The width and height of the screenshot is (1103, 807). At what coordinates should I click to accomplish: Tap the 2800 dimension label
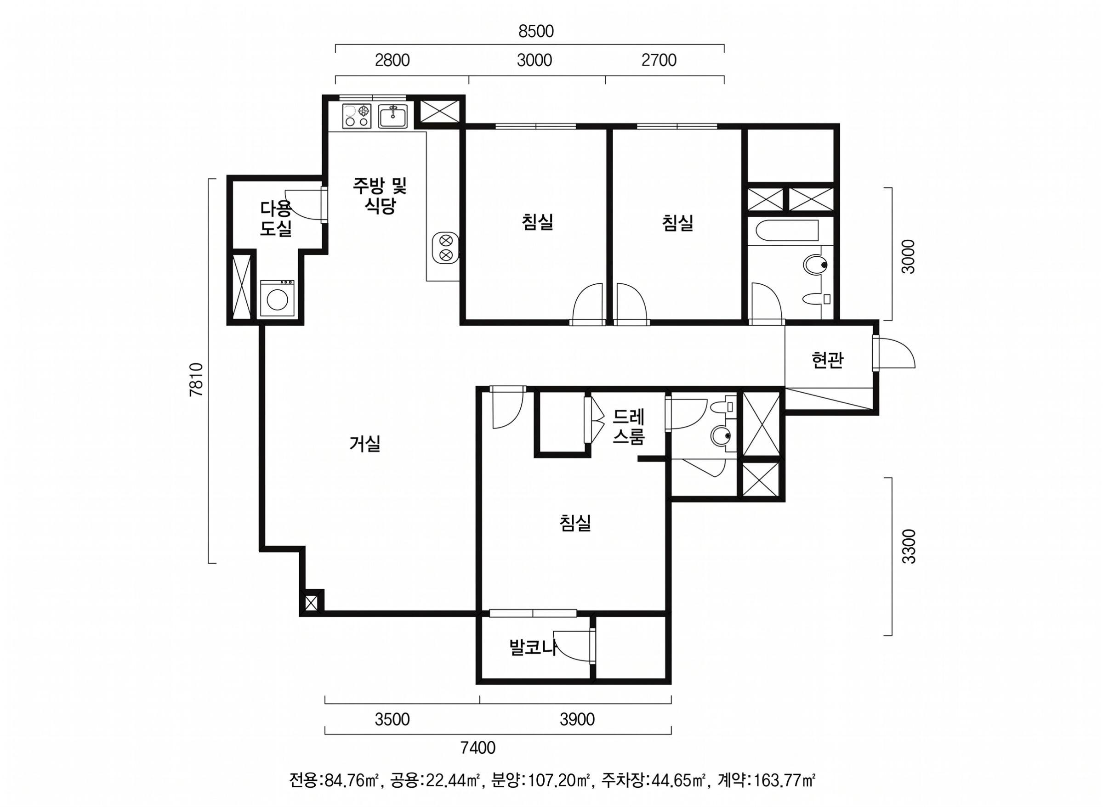point(392,60)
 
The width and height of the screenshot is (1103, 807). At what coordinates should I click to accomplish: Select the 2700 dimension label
point(659,60)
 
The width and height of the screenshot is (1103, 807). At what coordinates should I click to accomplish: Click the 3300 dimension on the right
point(909,546)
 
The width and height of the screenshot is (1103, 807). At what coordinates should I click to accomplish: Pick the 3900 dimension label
point(577,720)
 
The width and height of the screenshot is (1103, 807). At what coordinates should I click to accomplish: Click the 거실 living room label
point(365,444)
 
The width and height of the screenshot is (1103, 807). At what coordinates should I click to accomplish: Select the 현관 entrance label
point(827,361)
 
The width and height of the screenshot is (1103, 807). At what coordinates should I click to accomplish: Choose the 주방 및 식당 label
point(381,195)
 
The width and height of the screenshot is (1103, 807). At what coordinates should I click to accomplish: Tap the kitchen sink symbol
point(393,116)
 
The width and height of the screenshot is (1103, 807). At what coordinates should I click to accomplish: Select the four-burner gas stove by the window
point(357,116)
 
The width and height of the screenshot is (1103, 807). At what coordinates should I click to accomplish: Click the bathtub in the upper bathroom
point(784,231)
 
